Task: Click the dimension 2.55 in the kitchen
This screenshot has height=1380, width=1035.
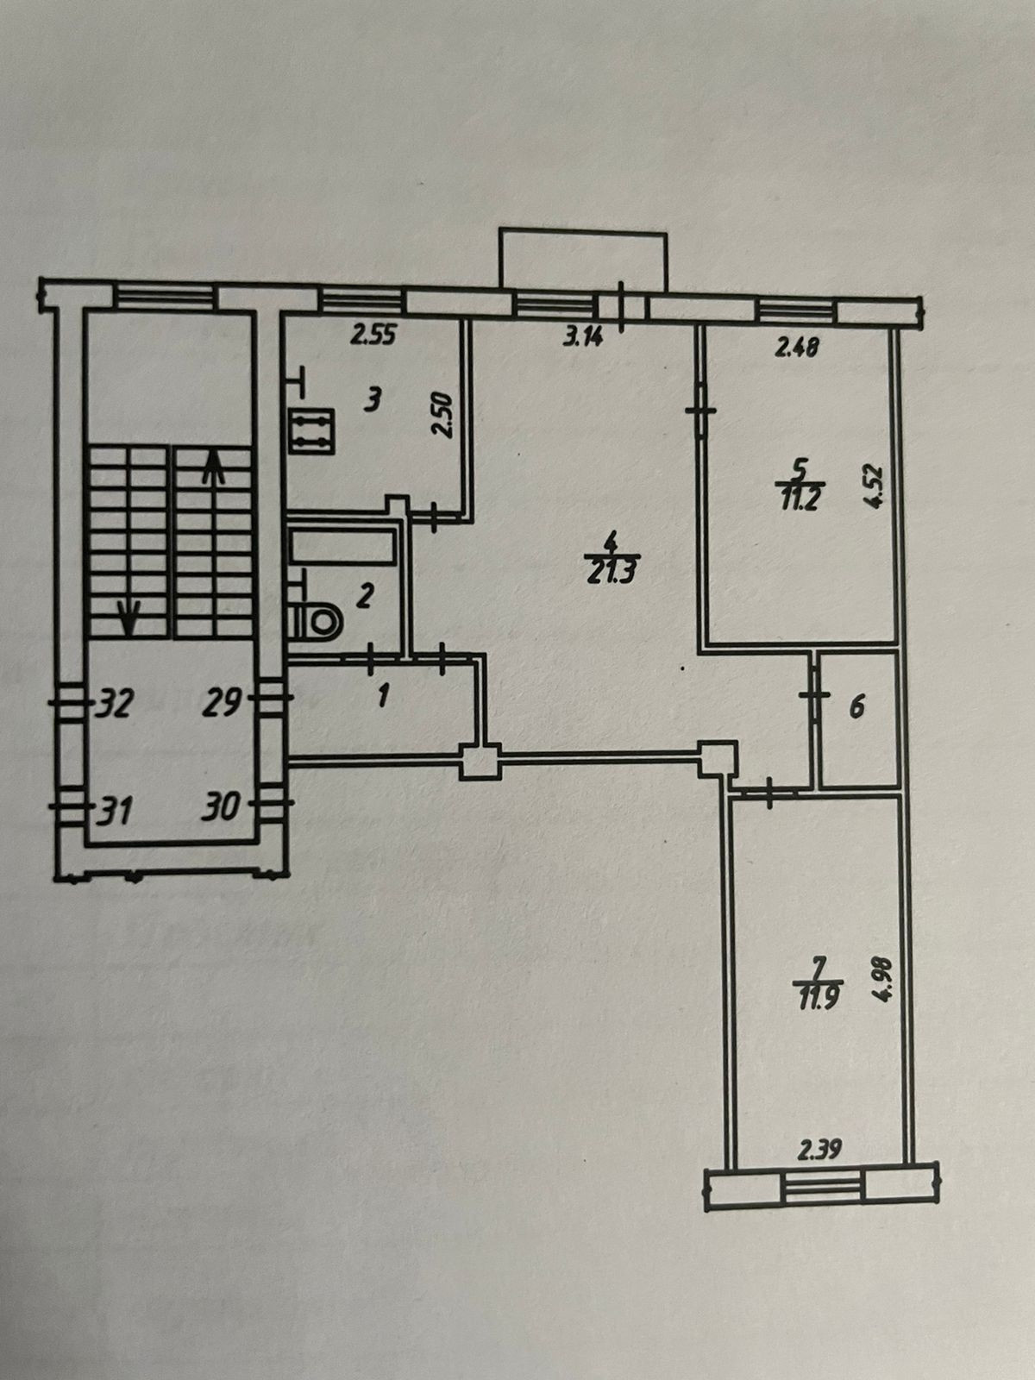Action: coord(373,336)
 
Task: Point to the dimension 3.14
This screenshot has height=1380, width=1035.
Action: coord(583,336)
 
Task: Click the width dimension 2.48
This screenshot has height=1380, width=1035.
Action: coord(797,348)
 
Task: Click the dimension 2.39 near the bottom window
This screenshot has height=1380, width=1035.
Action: coord(819,1149)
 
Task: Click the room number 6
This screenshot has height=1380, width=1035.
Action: coord(856,708)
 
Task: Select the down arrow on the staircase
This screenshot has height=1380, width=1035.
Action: coord(130,614)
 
